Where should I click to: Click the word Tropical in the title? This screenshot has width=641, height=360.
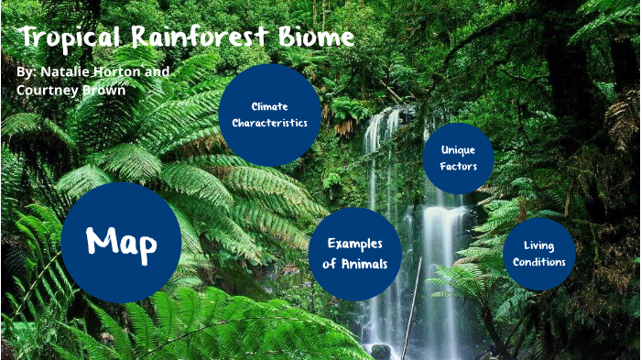point(70,38)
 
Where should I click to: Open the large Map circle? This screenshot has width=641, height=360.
point(121,243)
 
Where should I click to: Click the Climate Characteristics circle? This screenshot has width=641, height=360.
point(269,115)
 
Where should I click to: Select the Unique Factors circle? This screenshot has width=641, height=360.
point(458,158)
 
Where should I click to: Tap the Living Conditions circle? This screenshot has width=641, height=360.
point(538,254)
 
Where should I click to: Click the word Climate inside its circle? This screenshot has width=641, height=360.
point(269,106)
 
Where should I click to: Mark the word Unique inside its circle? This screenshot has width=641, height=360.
point(458,148)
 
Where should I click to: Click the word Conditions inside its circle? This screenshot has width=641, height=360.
point(538,263)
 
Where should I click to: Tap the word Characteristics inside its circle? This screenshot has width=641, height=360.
point(269,124)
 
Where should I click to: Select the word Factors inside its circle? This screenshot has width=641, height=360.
point(458,167)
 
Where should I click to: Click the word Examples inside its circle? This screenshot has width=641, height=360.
point(355,244)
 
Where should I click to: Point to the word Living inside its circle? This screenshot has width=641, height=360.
point(538,245)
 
